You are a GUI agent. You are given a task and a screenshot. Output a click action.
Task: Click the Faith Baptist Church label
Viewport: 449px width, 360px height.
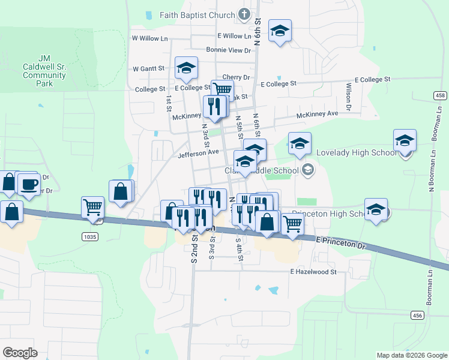coord(197,14)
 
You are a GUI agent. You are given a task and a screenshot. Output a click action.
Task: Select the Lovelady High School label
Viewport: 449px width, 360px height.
coord(357,153)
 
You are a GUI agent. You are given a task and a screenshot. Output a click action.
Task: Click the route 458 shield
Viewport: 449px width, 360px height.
coord(441,96)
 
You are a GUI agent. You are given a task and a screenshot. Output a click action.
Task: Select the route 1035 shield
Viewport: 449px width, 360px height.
coord(89,237)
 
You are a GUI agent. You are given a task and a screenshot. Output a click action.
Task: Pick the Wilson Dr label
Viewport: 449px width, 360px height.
coord(348,92)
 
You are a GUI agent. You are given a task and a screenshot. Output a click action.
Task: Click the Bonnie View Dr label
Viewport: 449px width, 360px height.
coord(228,50)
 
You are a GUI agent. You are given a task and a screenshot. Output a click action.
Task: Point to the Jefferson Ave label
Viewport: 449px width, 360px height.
coord(198,152)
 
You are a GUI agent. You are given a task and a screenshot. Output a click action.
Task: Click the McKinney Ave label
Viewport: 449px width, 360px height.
coord(317,113)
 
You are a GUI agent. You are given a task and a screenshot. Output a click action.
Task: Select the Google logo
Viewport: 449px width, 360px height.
coord(20,353)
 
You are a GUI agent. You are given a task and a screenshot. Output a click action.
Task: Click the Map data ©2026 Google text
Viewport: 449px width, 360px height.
coord(411,355)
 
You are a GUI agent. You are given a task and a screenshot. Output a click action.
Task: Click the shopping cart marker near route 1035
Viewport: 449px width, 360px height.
coord(92,207)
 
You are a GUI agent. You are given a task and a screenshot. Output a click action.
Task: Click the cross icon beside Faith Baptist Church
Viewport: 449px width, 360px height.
coord(244,13)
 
